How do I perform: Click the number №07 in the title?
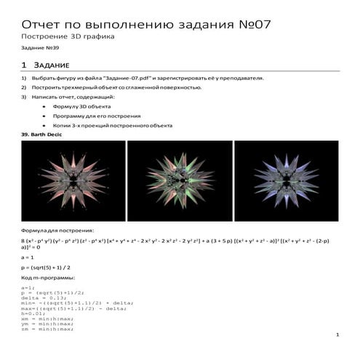coord(254,23)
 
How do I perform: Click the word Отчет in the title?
coord(45,23)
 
